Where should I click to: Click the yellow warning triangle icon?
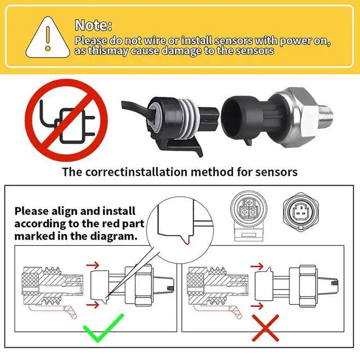click(48, 37)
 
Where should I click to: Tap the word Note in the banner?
click(93, 25)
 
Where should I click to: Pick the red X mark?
click(265, 328)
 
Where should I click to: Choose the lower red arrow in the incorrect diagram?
click(256, 306)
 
